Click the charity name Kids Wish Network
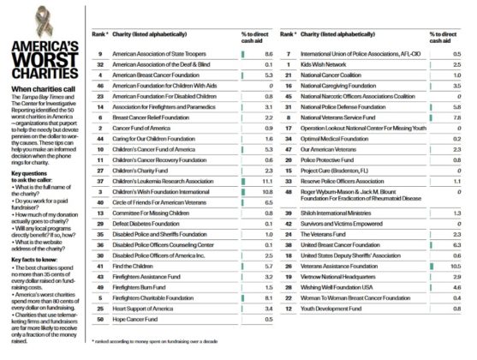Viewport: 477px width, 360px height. click(x=325, y=64)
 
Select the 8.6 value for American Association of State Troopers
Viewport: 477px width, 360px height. click(x=266, y=52)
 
